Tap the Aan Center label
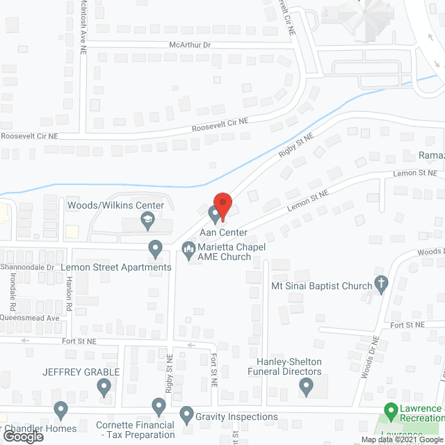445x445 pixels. coord(224,232)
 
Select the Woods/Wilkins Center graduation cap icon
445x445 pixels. coord(147,222)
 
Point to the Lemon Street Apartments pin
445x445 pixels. coord(156,248)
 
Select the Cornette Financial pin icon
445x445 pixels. coord(159,405)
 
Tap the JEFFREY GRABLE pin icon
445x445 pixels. coord(104,387)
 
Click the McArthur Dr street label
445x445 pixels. coord(189,44)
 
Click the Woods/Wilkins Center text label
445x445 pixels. coord(115,205)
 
